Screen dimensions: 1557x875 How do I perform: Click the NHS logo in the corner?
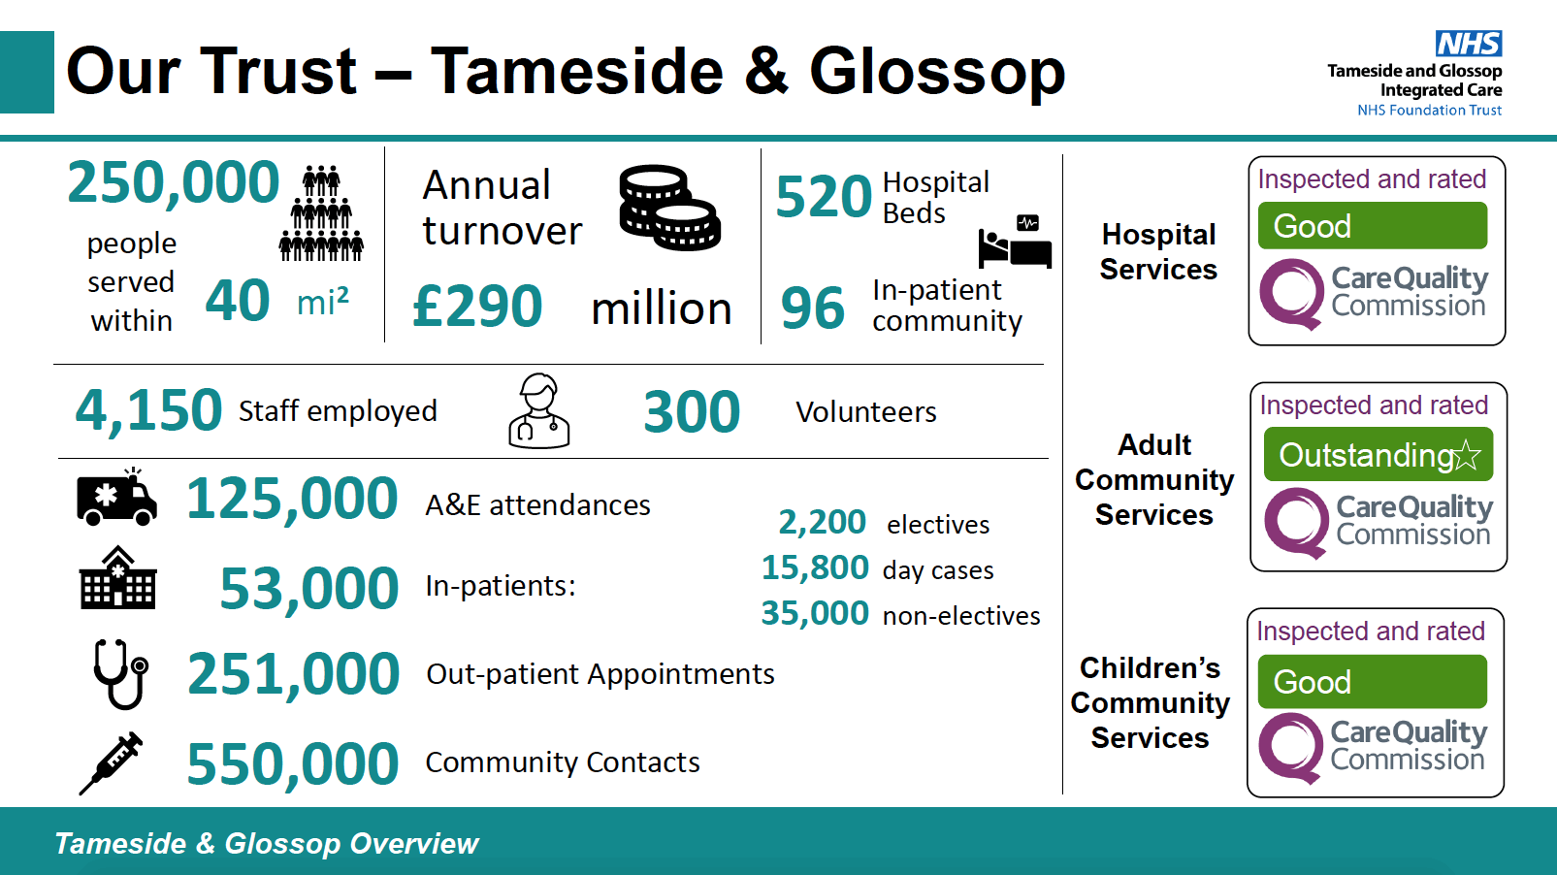coord(1469,44)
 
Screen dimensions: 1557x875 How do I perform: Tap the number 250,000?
coord(173,182)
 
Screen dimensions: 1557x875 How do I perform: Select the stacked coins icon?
coord(669,207)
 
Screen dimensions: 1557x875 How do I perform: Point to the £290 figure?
coord(477,306)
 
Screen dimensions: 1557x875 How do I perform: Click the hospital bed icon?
coord(1015,242)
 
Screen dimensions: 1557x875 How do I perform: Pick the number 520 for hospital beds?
coord(823,197)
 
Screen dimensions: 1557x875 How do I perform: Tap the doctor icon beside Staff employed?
coord(538,410)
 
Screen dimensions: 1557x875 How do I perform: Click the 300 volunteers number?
coord(692,411)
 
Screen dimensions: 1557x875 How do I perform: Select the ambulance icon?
coord(116,497)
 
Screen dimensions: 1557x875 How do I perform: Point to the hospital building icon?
coord(118,577)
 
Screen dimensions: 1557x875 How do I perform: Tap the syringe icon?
coord(112,762)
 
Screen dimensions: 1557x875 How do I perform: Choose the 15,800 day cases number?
coord(815,567)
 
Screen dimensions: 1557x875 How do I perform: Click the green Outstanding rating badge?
coord(1379,455)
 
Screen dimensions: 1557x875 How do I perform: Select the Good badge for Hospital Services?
coord(1373,226)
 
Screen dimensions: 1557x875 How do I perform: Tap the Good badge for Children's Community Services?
coord(1373,682)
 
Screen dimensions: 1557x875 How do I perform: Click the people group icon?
coord(321,213)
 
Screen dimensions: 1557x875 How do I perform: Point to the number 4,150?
coord(148,410)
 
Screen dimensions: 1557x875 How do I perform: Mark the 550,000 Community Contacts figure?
coord(293,763)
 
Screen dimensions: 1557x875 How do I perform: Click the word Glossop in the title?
coord(937,73)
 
